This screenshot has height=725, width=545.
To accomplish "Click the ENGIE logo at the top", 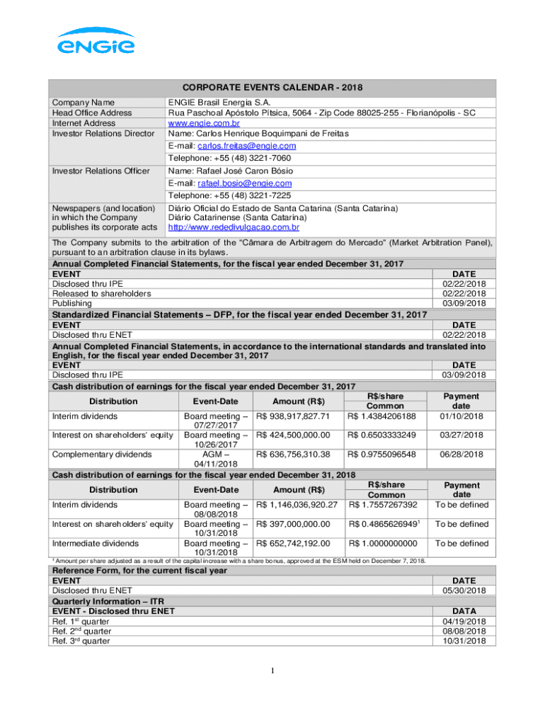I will pyautogui.click(x=96, y=41).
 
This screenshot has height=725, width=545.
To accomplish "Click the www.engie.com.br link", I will pyautogui.click(x=200, y=123).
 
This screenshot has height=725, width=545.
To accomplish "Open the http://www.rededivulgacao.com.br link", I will pyautogui.click(x=233, y=228).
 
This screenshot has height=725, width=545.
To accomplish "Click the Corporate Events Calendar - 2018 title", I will pyautogui.click(x=273, y=87).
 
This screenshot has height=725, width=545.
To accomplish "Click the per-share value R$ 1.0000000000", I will pyautogui.click(x=383, y=543).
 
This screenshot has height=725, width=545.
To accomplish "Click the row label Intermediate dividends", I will pyautogui.click(x=96, y=543).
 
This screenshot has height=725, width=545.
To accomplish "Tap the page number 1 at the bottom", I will pyautogui.click(x=272, y=670).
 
